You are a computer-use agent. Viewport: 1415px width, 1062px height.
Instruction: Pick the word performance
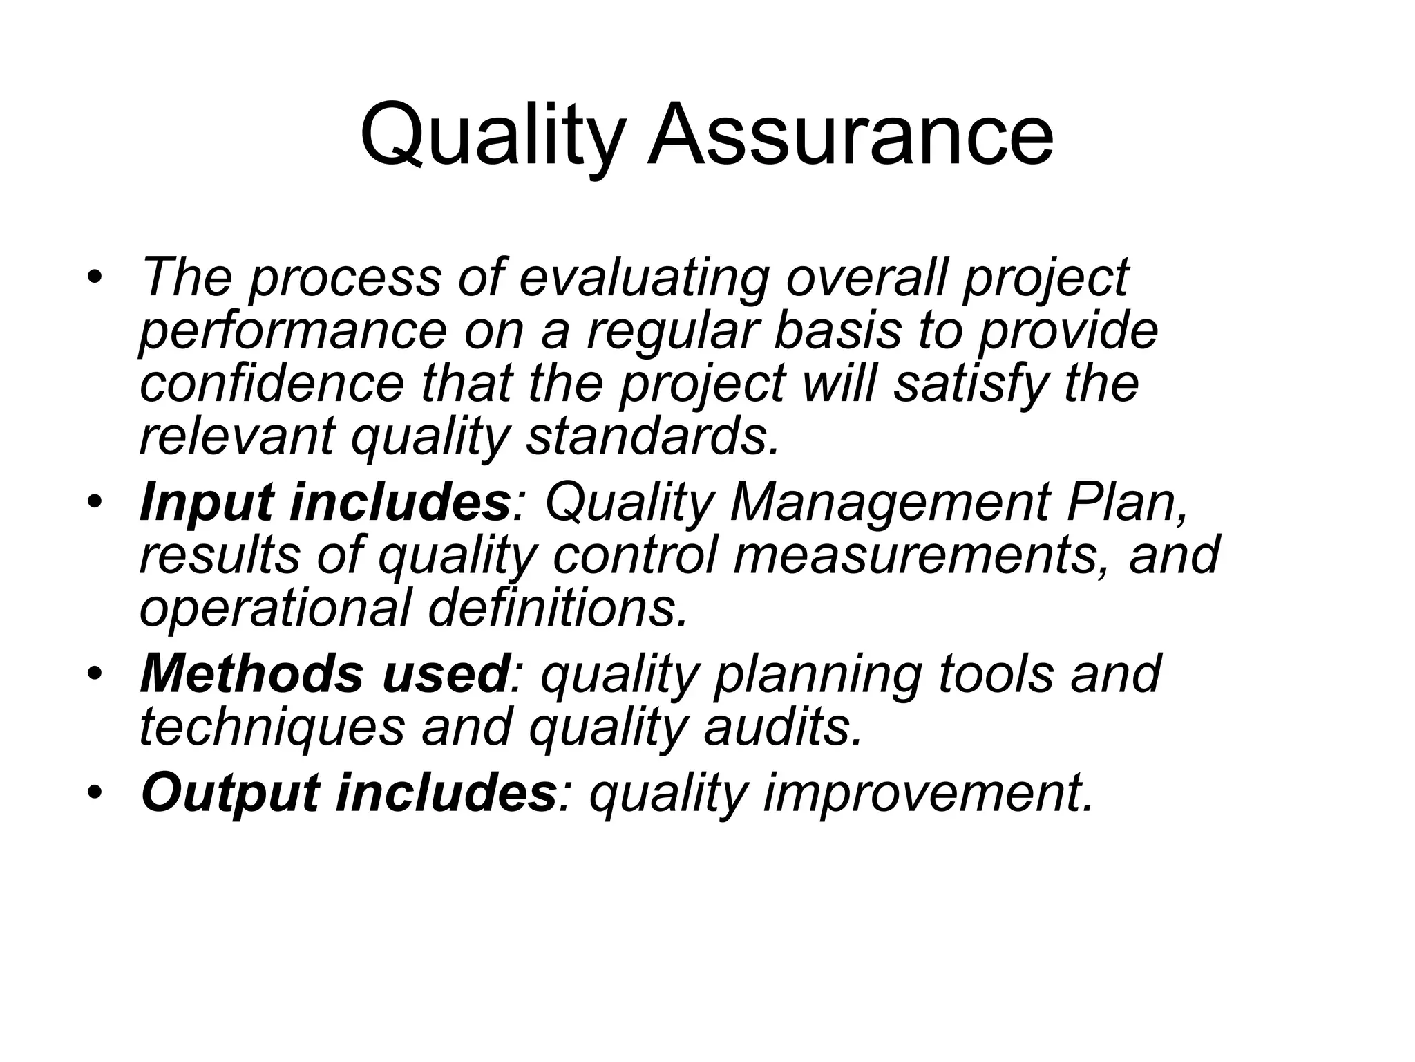[294, 332]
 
